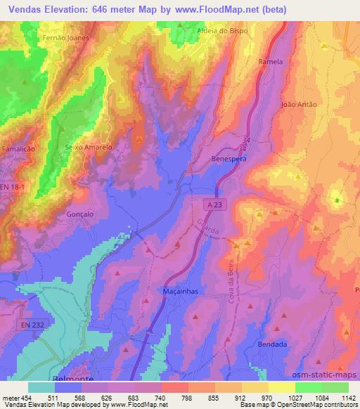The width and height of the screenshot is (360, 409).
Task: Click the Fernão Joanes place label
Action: point(65,38)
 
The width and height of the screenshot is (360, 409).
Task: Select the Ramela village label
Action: point(271,62)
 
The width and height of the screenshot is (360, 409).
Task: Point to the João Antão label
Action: point(299,105)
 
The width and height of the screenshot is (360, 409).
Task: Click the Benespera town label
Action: point(229,160)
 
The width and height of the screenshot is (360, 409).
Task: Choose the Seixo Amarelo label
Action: point(88,148)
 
